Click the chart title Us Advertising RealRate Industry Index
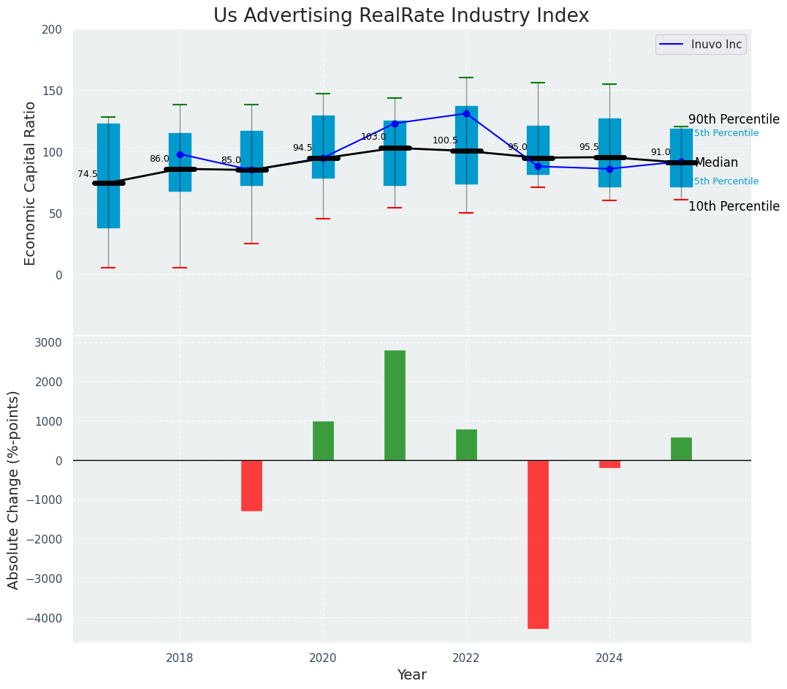(401, 16)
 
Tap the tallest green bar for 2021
(395, 405)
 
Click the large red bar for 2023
(538, 544)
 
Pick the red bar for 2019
(251, 485)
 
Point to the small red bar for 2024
(609, 464)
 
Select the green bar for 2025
(681, 448)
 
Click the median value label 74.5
(88, 174)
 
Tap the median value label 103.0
(373, 137)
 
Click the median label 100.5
(445, 140)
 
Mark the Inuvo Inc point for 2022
(466, 113)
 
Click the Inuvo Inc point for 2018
(180, 154)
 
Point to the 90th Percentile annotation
(734, 119)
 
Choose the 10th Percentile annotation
(734, 206)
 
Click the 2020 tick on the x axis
(323, 658)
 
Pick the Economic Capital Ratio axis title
(31, 183)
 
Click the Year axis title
(411, 674)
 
